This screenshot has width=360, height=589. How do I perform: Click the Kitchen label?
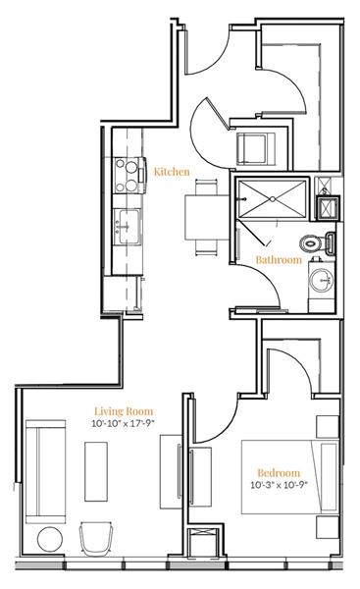(x=172, y=172)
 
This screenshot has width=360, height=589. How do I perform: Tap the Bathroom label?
(x=278, y=260)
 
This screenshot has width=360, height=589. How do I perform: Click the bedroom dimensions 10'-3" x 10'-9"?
(x=279, y=485)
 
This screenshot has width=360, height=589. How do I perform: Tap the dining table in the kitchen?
(x=202, y=216)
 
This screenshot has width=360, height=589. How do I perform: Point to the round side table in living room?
(x=49, y=540)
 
